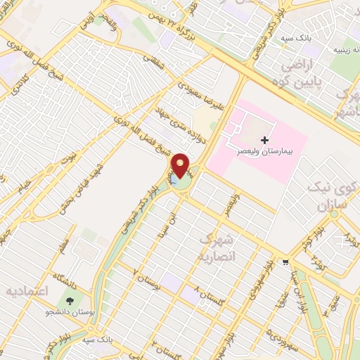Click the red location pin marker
(181, 166)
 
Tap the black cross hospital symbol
(264, 141)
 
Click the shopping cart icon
(284, 263)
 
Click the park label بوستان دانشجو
(68, 310)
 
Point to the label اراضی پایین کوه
(307, 72)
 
